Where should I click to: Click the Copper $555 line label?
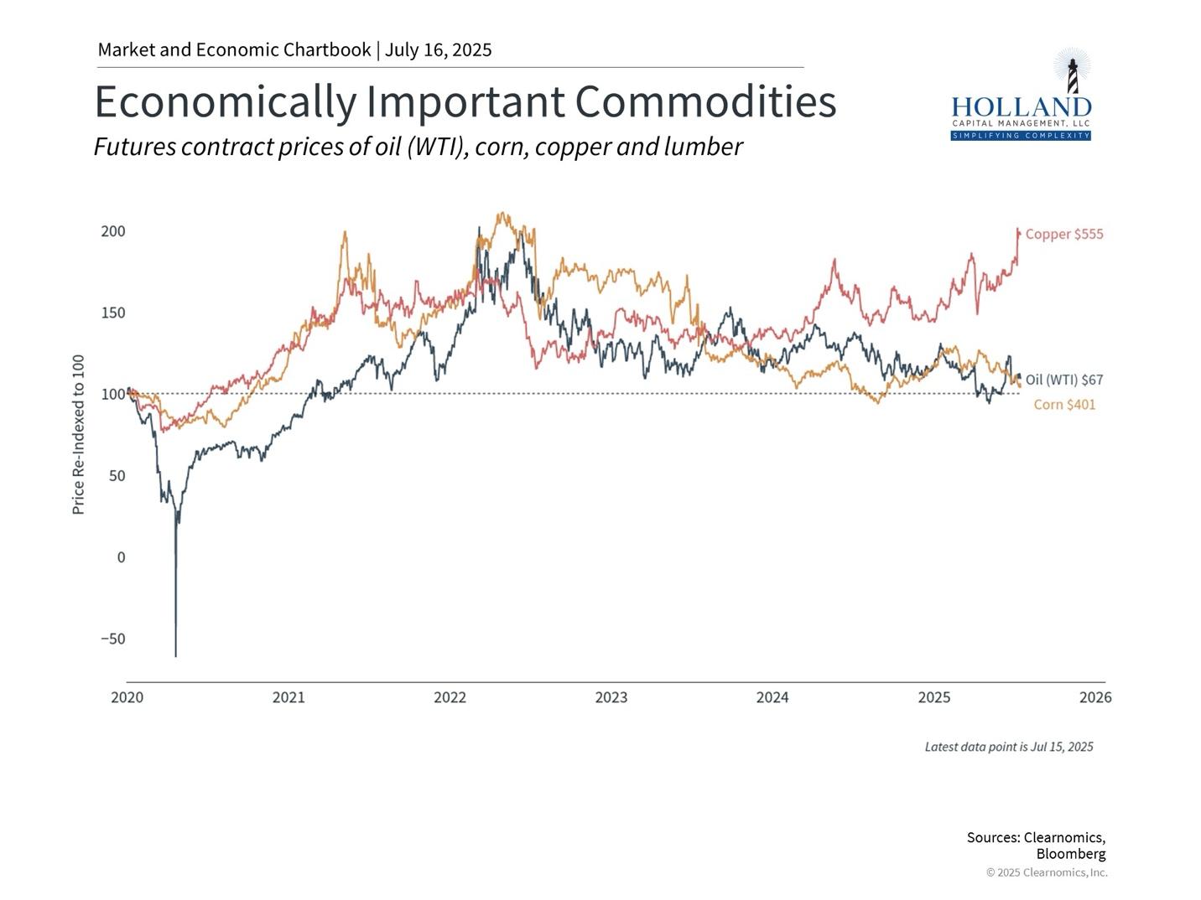(1063, 235)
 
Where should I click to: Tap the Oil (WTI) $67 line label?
(1063, 380)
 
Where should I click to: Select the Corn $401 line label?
(1064, 405)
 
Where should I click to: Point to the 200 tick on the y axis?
(113, 231)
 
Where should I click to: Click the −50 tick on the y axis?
(113, 639)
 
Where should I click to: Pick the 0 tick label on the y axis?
(121, 557)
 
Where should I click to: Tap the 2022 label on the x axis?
(450, 697)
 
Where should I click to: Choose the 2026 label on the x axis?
(1095, 697)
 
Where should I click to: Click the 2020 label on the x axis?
(127, 697)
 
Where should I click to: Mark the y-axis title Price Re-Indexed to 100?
(79, 434)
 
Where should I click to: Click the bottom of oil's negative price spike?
(176, 655)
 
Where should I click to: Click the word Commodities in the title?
(705, 102)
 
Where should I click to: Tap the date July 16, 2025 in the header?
(438, 49)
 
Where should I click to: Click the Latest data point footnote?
(1008, 747)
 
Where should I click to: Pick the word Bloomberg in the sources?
(1070, 854)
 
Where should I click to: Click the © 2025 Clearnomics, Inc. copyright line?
(1046, 872)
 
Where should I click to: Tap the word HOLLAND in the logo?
(1021, 107)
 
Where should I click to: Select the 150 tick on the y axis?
(113, 313)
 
